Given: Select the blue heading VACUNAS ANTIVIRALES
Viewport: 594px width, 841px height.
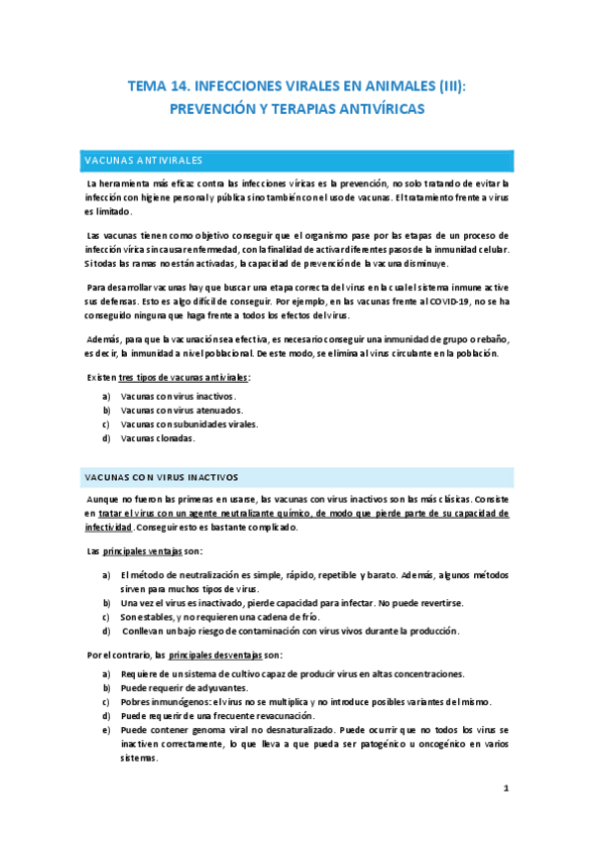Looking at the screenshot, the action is coord(145,159).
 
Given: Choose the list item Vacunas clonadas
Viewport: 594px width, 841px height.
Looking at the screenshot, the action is coord(158,437).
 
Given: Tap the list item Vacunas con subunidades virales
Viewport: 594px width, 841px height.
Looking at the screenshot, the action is coord(188,423).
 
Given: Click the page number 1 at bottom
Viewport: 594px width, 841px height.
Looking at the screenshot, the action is coord(506,788).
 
